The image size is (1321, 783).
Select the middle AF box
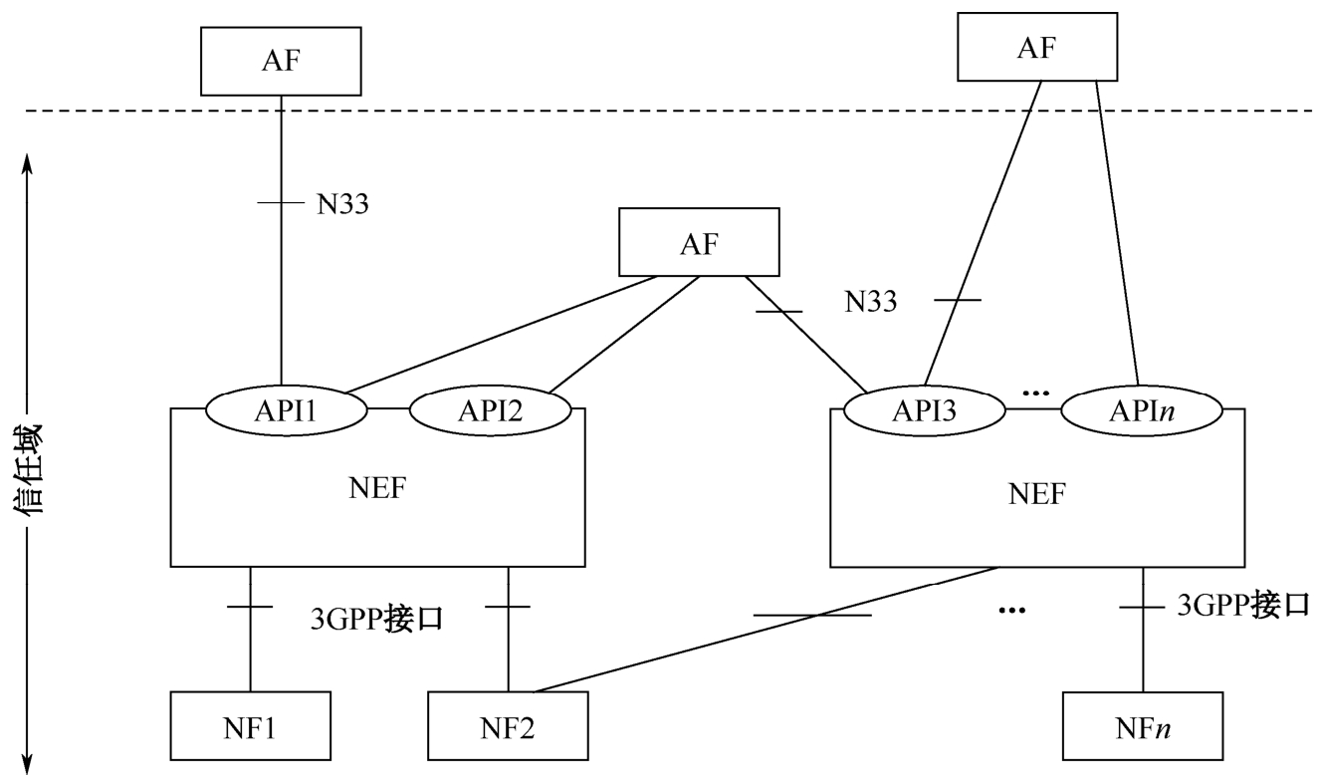[698, 242]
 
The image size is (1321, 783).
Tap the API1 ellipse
[286, 408]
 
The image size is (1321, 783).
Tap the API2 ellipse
[492, 408]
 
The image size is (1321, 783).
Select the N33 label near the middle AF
[871, 301]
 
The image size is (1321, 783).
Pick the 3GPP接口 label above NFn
[1243, 605]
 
